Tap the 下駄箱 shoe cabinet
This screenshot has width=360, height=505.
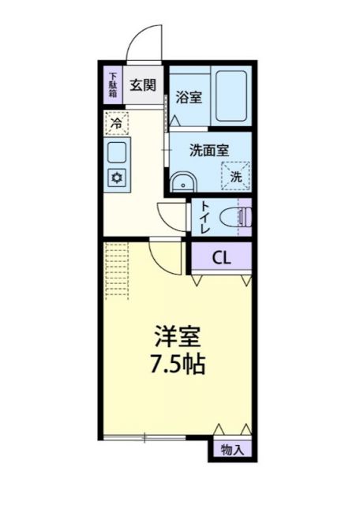tap(112, 84)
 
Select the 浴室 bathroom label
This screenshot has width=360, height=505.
tap(187, 99)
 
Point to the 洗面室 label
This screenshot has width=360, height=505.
tap(209, 149)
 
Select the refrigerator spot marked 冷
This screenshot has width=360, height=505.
tap(116, 124)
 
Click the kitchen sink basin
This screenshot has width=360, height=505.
tap(116, 151)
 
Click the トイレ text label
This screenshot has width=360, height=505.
tap(204, 215)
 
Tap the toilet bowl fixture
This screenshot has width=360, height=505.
tap(236, 215)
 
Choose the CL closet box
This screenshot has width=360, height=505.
tap(222, 256)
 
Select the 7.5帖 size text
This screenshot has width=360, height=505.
tap(178, 366)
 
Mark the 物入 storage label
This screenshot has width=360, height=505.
tap(232, 451)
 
